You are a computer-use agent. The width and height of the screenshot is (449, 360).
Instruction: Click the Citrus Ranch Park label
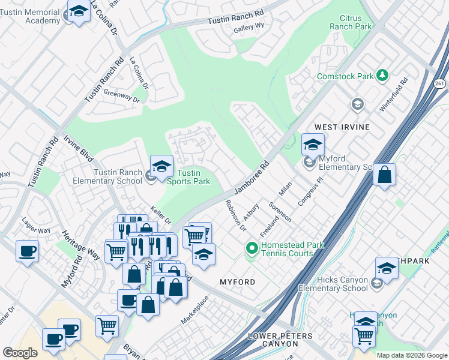(x=351, y=23)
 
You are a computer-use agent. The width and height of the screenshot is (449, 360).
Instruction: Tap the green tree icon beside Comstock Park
(x=381, y=76)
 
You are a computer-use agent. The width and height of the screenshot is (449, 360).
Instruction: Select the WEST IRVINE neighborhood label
(x=342, y=128)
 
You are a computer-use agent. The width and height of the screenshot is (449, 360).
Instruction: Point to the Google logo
(x=20, y=353)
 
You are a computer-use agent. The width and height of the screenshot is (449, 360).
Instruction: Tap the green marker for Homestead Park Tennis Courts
(x=252, y=247)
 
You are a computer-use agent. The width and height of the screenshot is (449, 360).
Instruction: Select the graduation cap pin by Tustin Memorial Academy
(x=78, y=11)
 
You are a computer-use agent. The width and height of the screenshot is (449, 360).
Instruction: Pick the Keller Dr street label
(x=161, y=213)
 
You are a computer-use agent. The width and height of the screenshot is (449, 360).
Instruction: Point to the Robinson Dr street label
(x=234, y=215)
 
